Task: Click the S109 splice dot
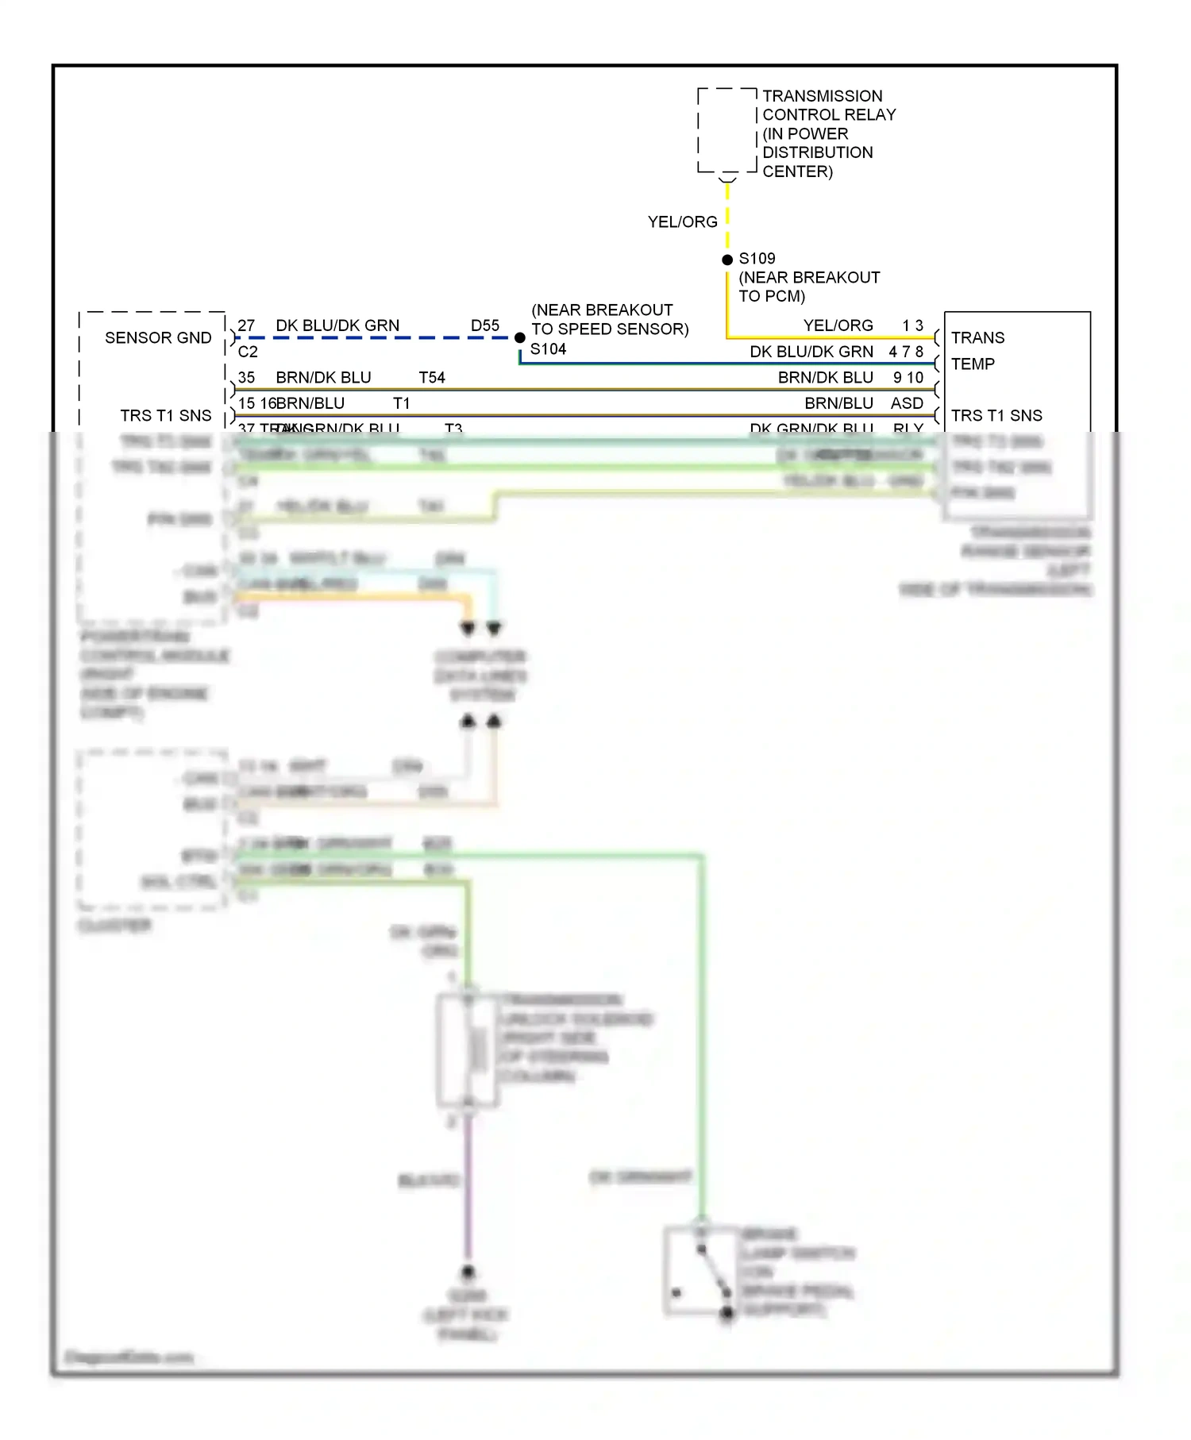pyautogui.click(x=727, y=260)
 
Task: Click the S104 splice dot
pyautogui.click(x=520, y=337)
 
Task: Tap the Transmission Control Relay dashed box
pyautogui.click(x=727, y=131)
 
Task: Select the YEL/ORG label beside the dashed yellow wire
pyautogui.click(x=682, y=222)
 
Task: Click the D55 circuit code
pyautogui.click(x=485, y=325)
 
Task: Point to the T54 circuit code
pyautogui.click(x=432, y=378)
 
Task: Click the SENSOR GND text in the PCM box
pyautogui.click(x=158, y=338)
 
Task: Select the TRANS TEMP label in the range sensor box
pyautogui.click(x=977, y=351)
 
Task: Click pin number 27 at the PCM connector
pyautogui.click(x=246, y=325)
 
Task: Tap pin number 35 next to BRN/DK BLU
pyautogui.click(x=246, y=378)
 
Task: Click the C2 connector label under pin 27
pyautogui.click(x=248, y=352)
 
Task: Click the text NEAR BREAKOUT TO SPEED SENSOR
pyautogui.click(x=609, y=319)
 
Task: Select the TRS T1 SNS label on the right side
pyautogui.click(x=996, y=416)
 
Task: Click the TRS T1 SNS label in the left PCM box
pyautogui.click(x=166, y=416)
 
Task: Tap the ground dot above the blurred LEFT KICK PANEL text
pyautogui.click(x=468, y=1272)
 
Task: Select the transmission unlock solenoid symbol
pyautogui.click(x=468, y=1050)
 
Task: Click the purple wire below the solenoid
pyautogui.click(x=468, y=1191)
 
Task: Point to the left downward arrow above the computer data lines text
pyautogui.click(x=468, y=629)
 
